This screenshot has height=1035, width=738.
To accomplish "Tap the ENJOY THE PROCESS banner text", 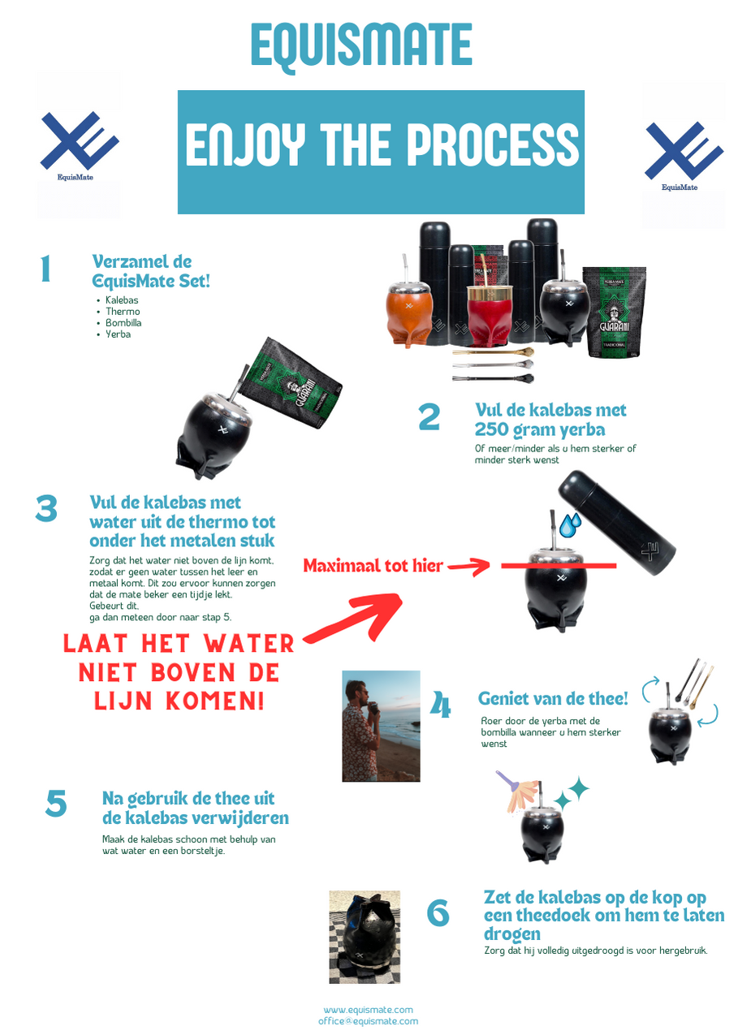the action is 382,144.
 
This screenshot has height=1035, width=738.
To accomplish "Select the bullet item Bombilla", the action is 123,323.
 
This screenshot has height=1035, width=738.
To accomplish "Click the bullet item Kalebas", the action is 122,300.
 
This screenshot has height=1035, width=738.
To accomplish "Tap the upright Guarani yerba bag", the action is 613,311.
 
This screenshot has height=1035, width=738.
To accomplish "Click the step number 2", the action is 429,417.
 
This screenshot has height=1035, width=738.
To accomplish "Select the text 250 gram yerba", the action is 539,429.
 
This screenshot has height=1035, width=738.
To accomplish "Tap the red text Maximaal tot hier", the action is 373,566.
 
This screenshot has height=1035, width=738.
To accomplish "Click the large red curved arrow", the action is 353,619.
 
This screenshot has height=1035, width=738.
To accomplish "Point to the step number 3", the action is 46,509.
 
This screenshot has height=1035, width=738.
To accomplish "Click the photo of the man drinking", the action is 381,726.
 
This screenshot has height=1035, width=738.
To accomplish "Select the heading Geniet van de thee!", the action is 553,698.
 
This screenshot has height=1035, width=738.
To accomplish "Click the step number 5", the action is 56,804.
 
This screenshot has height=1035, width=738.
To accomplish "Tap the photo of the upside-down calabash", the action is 365,937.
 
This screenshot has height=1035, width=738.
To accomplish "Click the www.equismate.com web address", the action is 369,1010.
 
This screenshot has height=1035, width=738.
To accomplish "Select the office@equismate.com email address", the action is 369,1021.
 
